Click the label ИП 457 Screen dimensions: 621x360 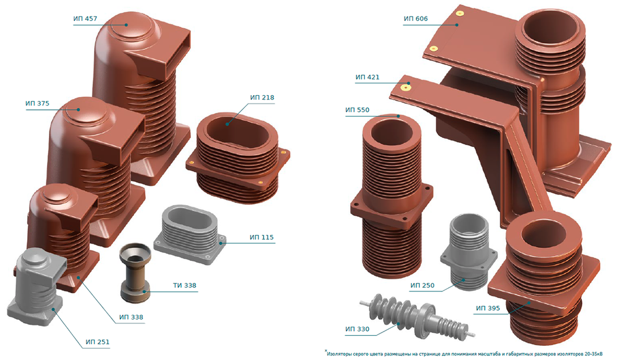click(85, 19)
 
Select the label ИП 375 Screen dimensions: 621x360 click(37, 104)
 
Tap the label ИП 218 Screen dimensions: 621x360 click(262, 98)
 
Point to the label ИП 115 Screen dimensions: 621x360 click(262, 238)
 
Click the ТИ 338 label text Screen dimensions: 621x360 click(185, 286)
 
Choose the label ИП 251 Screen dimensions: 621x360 click(97, 342)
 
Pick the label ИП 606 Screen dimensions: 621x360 click(416, 19)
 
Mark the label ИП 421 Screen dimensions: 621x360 click(368, 77)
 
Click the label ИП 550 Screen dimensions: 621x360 click(357, 110)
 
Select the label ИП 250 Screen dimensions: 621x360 click(423, 286)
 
